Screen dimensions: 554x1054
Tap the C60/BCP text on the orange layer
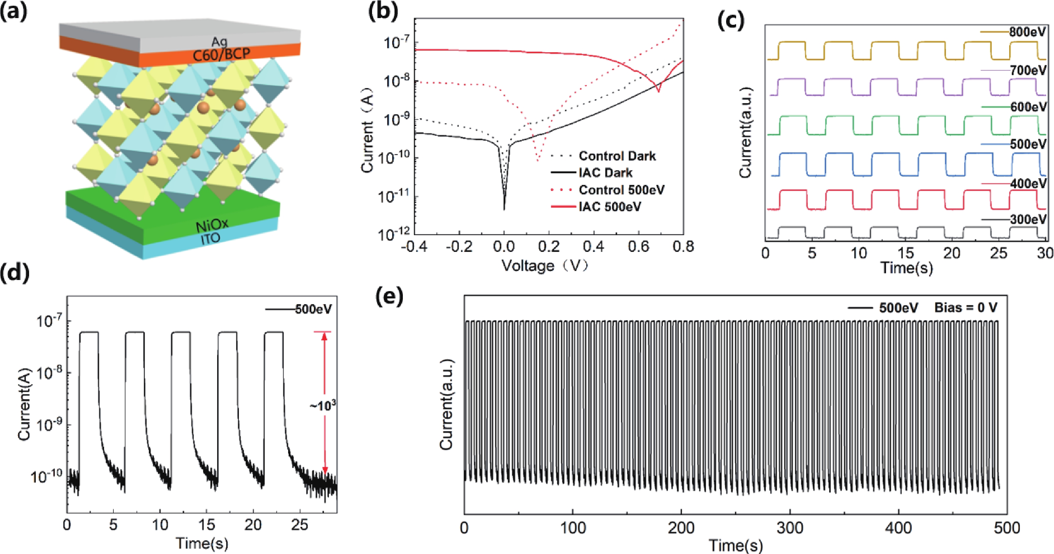pyautogui.click(x=222, y=55)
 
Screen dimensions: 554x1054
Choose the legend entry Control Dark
pyautogui.click(x=617, y=156)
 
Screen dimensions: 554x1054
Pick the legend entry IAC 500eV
pyautogui.click(x=610, y=207)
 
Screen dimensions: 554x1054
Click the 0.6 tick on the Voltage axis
pyautogui.click(x=639, y=247)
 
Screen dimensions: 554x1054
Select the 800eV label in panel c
pyautogui.click(x=1027, y=32)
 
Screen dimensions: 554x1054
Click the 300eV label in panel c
pyautogui.click(x=1028, y=220)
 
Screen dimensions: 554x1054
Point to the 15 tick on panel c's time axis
pyautogui.click(x=905, y=254)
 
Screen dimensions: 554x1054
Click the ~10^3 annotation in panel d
pyautogui.click(x=323, y=406)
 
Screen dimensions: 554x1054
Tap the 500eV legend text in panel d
pyautogui.click(x=314, y=309)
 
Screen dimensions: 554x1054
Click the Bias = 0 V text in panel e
pyautogui.click(x=966, y=307)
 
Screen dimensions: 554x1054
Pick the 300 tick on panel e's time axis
pyautogui.click(x=790, y=528)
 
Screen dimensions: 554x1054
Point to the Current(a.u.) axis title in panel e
pyautogui.click(x=446, y=405)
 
